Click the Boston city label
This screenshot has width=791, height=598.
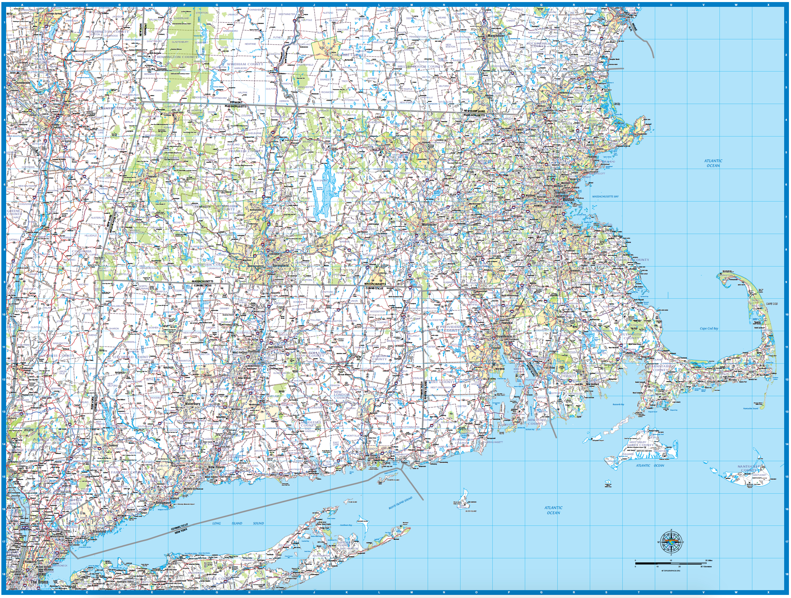coord(569,199)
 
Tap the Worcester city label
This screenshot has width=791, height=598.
coord(429,225)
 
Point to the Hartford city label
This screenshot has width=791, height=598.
coord(254,352)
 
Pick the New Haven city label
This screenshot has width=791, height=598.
coord(216,467)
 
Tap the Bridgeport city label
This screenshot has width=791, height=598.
coord(164,503)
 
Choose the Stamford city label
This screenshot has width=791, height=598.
coord(99,532)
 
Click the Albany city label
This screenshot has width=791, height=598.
coord(55,125)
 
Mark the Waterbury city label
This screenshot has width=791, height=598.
coord(192,404)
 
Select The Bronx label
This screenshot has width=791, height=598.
coord(39,582)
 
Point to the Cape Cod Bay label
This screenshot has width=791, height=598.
coord(709,328)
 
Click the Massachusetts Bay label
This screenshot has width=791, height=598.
coord(605,196)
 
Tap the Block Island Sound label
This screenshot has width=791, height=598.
coord(401,503)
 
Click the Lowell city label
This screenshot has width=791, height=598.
coord(519,129)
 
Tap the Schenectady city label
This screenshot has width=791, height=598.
coord(23,83)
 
